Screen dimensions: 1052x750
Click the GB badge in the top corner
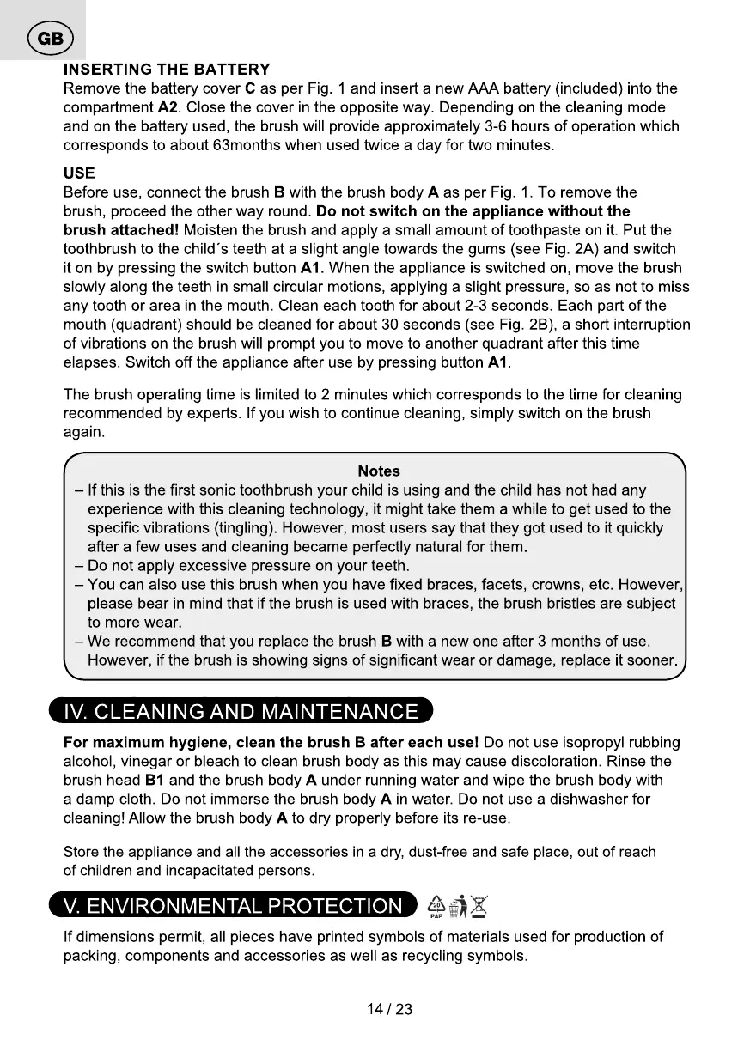coord(51,40)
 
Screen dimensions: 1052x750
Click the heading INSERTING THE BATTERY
coord(167,70)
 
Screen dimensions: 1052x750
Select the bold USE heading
coord(79,173)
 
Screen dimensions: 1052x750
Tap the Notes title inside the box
coord(379,471)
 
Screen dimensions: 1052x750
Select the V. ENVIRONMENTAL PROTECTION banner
coord(232,906)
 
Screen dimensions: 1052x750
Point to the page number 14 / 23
coord(389,1009)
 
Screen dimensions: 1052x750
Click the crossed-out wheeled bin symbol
coord(479,905)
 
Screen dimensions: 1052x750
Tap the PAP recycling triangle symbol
coord(436,905)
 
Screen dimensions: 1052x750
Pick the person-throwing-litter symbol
coord(458,906)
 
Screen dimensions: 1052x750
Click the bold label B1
coord(155,780)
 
